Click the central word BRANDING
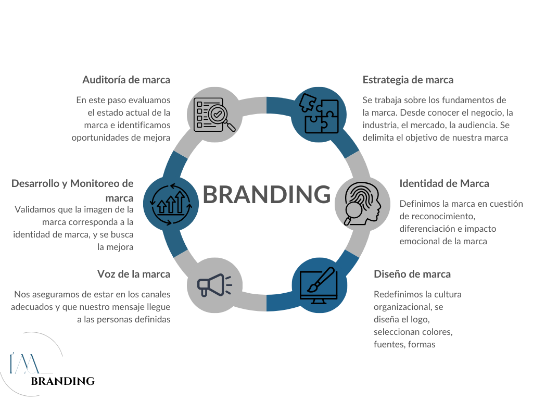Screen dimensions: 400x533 (x=266, y=194)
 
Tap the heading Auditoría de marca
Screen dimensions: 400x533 (x=126, y=80)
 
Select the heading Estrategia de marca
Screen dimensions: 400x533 (x=408, y=80)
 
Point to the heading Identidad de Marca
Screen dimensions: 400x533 (x=444, y=183)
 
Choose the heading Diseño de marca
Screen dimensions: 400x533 (x=412, y=274)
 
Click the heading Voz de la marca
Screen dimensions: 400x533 (x=134, y=274)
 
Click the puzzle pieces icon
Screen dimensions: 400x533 (x=318, y=115)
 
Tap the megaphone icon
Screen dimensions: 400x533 (x=214, y=285)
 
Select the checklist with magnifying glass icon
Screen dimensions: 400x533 (x=214, y=115)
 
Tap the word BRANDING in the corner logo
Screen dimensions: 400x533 (x=63, y=381)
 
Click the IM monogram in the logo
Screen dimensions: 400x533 (x=23, y=362)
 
